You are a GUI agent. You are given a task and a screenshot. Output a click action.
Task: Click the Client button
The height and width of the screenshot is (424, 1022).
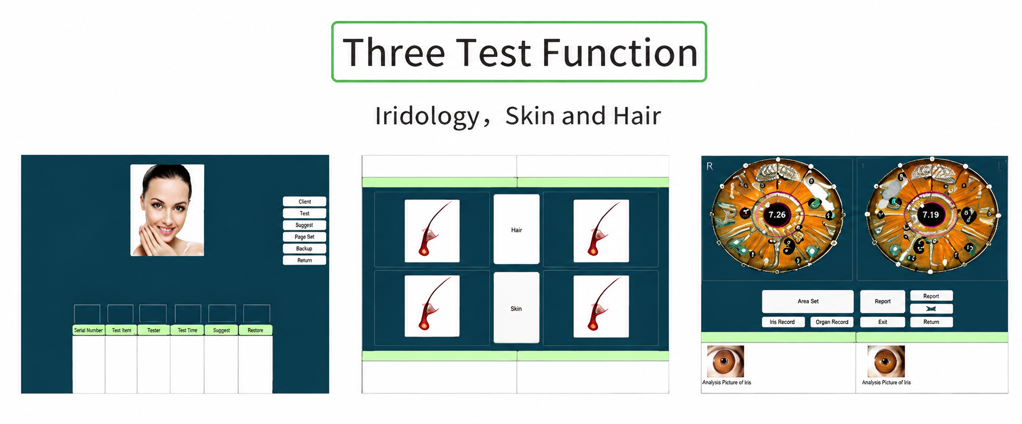click(x=305, y=202)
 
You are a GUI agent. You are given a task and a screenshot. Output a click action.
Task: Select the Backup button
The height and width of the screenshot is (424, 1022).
click(x=305, y=249)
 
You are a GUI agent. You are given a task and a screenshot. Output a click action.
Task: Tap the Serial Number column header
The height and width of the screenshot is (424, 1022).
click(x=88, y=330)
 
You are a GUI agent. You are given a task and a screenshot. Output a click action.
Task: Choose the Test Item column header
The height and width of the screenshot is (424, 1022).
click(x=121, y=330)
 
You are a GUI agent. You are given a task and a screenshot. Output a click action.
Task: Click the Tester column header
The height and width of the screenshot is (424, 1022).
click(x=154, y=330)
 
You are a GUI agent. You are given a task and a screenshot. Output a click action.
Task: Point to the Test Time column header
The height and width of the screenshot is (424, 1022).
click(x=187, y=330)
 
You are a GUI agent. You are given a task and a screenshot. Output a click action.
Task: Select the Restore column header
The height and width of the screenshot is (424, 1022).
click(x=255, y=330)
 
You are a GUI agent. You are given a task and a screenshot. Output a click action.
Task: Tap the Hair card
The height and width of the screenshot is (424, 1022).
click(x=516, y=229)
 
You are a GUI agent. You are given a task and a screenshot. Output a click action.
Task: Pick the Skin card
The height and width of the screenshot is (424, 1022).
click(x=516, y=308)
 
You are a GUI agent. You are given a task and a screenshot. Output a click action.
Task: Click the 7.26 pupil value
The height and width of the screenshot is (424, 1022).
click(x=777, y=215)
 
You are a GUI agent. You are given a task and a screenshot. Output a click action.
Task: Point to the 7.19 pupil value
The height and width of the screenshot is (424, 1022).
click(x=931, y=215)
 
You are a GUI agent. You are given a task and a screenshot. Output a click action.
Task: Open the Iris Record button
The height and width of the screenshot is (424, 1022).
click(x=783, y=322)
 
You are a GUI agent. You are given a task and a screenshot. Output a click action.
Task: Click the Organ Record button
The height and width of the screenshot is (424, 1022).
click(x=832, y=322)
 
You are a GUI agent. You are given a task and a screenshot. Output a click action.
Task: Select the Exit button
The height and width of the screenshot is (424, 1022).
click(x=883, y=322)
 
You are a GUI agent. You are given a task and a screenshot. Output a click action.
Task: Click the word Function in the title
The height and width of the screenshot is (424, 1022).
click(x=620, y=52)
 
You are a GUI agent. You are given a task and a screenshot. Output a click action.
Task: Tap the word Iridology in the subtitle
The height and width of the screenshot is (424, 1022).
click(x=427, y=116)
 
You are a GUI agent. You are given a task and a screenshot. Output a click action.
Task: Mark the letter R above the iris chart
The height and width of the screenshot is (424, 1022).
click(x=710, y=166)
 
